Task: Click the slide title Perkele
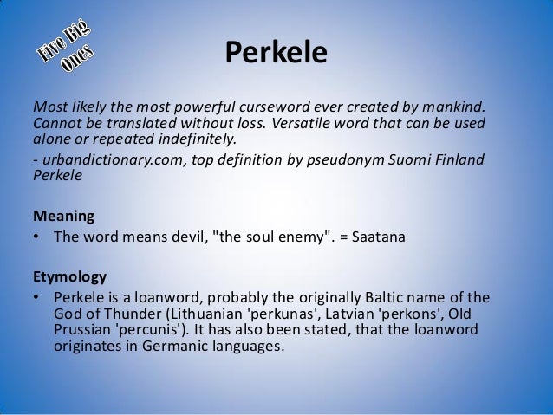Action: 276,53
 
